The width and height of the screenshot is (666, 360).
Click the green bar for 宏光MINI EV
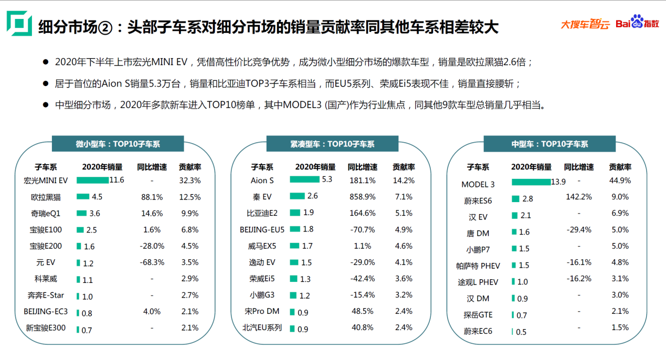[92, 180]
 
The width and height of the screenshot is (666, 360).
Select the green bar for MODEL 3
[531, 182]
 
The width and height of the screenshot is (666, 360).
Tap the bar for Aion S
[304, 179]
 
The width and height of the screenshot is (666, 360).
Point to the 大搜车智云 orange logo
[585, 24]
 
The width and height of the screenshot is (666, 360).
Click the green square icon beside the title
[19, 24]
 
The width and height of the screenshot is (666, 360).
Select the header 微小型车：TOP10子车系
[118, 144]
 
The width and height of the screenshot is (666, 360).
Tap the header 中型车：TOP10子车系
[549, 144]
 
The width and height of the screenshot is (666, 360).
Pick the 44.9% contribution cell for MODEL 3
[620, 181]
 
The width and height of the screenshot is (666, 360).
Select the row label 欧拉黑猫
[46, 197]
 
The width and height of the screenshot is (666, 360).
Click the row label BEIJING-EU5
[262, 229]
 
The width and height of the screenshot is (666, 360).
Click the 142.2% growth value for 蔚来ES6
[579, 197]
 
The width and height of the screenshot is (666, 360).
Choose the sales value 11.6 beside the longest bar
[117, 181]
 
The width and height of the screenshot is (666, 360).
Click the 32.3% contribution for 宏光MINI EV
[190, 181]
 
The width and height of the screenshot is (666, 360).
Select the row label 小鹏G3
[262, 295]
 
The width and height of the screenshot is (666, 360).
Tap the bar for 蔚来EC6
[513, 332]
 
